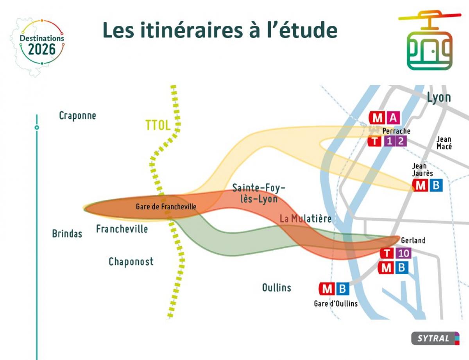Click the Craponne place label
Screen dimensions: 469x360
[x=77, y=116]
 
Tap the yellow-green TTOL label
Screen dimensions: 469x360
[x=158, y=125]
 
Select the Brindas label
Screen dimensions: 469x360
[x=67, y=233]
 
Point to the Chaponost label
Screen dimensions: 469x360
[x=131, y=262]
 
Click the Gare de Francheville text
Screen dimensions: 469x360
[x=166, y=207]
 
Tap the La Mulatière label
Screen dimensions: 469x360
[x=305, y=219]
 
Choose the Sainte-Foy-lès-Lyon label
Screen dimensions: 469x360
[x=259, y=193]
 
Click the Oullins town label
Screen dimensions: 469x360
[x=277, y=287]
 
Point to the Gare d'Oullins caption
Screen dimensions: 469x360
[x=336, y=304]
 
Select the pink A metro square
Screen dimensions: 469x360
[x=393, y=118]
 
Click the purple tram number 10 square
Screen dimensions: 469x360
[x=404, y=253]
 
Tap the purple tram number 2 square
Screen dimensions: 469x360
[x=401, y=141]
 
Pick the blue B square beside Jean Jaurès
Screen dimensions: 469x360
[x=436, y=185]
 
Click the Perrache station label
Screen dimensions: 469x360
[x=396, y=131]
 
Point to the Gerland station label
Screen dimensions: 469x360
[x=413, y=241]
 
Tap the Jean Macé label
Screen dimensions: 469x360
[x=444, y=143]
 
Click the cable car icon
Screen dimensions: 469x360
[x=430, y=40]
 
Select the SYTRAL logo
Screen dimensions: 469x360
[x=435, y=339]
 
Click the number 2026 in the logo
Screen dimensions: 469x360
[x=42, y=49]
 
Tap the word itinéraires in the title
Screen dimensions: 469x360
[x=192, y=30]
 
